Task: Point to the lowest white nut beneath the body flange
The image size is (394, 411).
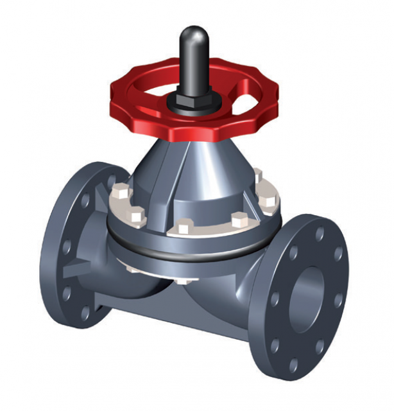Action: coord(185,281)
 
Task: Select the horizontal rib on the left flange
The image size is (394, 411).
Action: coord(70,267)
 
